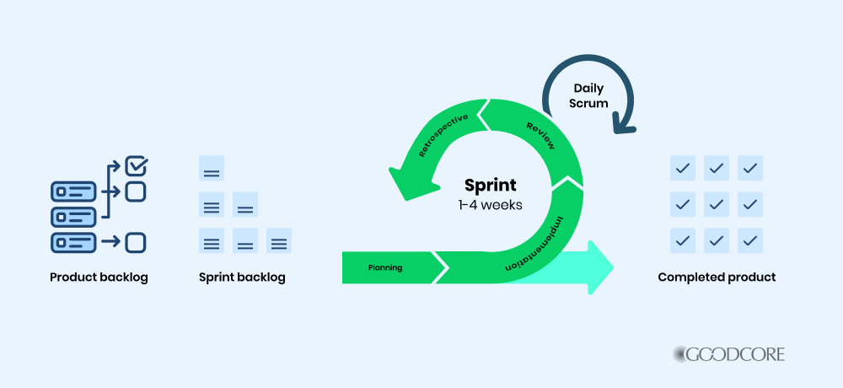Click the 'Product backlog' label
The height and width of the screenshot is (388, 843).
tap(99, 278)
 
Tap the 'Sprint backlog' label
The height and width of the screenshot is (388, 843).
tap(242, 278)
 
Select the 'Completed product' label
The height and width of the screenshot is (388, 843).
tap(717, 278)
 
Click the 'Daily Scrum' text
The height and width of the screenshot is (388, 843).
tap(589, 95)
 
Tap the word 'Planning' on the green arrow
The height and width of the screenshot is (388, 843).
tap(385, 268)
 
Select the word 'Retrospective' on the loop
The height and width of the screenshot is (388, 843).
tap(445, 134)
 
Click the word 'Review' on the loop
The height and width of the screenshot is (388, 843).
tap(540, 136)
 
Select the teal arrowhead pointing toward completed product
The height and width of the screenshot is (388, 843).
tap(599, 267)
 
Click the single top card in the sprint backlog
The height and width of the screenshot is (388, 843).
tap(212, 168)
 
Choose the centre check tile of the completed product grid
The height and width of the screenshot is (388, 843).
tap(717, 204)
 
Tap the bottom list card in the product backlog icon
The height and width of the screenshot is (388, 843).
tap(73, 243)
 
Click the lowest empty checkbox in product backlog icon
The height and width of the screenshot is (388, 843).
tap(135, 243)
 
